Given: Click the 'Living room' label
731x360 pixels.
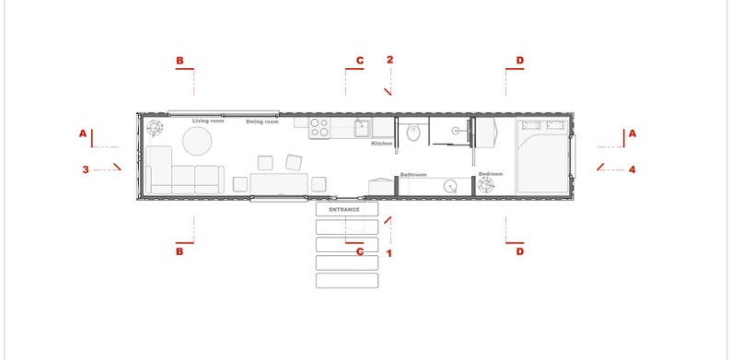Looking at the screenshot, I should pos(208,121).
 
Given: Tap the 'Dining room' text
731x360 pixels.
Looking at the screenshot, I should pos(262,122).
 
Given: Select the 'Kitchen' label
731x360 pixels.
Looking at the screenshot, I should pos(382,144).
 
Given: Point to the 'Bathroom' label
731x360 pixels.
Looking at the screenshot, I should pos(413,174).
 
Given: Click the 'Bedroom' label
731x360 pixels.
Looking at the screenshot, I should pos(490,174).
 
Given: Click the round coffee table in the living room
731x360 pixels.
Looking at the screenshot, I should pos(196,141).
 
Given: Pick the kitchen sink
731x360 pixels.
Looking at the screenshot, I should pos(363,127).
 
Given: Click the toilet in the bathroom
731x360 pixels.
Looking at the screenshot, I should pos(414,135).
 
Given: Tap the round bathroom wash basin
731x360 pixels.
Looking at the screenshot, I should pos(450,184).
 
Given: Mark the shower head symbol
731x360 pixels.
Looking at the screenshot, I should pos(454,131).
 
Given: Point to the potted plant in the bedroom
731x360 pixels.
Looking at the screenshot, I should pos(486,185).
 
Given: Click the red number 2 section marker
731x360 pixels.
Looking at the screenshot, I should pos(390,60).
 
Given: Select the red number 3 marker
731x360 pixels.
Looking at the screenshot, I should pos(85,169).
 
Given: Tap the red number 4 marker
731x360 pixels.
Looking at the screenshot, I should pos(632,168).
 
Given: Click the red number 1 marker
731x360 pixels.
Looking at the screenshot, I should pos(389,252).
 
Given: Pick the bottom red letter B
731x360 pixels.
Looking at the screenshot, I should pos(180,250).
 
